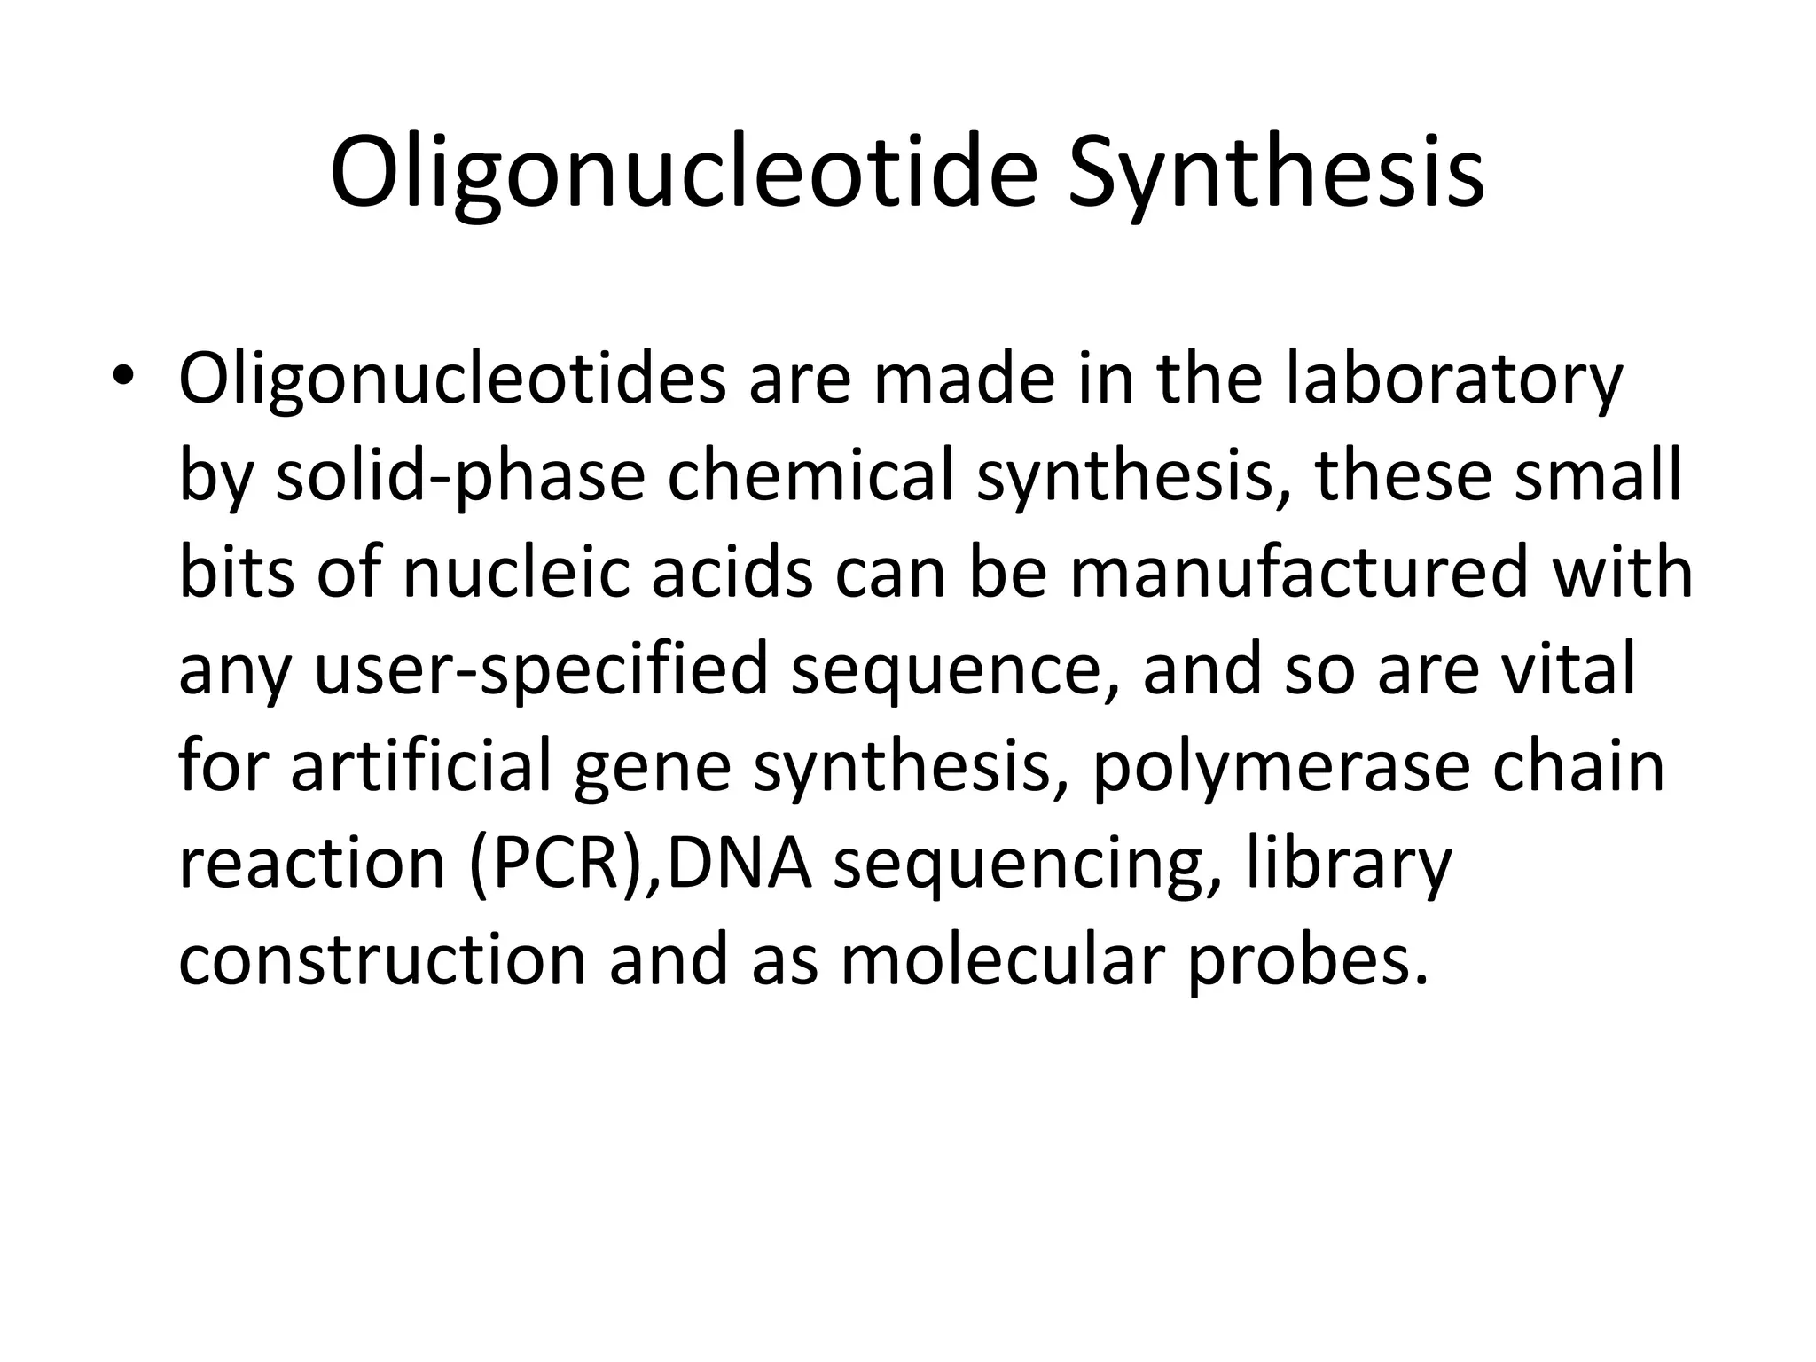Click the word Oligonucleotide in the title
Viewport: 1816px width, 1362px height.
(683, 173)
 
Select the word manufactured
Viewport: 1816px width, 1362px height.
(1299, 573)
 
